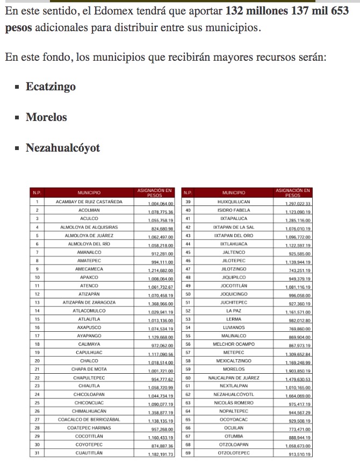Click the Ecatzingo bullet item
tap(51, 87)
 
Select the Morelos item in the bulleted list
tap(46, 117)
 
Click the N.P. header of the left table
tap(37, 193)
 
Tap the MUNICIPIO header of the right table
tap(233, 193)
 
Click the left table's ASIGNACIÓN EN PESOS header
tap(155, 193)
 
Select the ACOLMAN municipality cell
tap(89, 210)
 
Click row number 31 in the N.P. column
tap(37, 453)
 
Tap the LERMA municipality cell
tap(233, 319)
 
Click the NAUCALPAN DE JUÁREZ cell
tap(233, 378)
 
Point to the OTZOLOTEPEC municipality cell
tap(233, 453)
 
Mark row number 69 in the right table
tap(188, 453)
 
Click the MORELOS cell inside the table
tap(233, 369)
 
